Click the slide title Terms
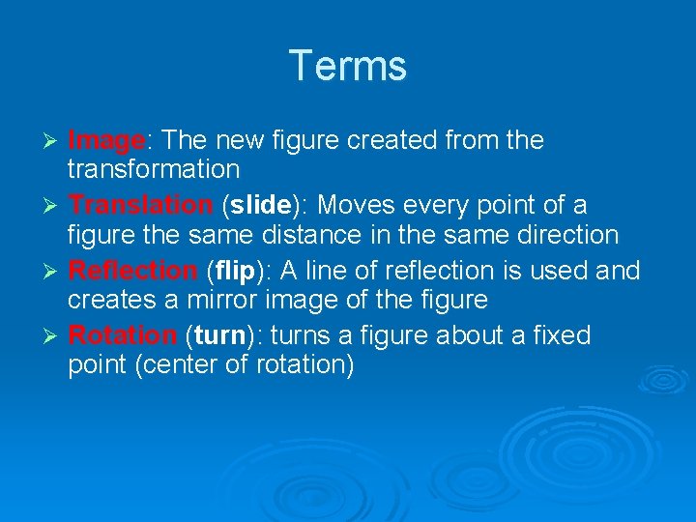[x=348, y=66]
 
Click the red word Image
[x=105, y=141]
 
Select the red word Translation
[x=141, y=206]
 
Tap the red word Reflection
[x=132, y=271]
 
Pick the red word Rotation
[x=122, y=335]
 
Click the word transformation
[x=153, y=170]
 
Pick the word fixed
[x=556, y=335]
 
